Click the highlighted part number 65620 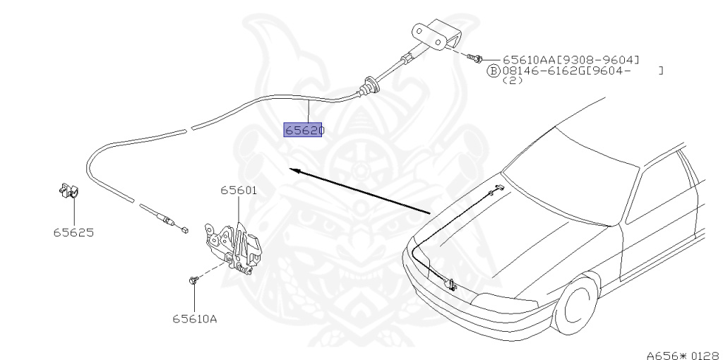click(x=303, y=131)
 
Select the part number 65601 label click(x=238, y=191)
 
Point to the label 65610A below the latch click(x=194, y=318)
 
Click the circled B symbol click(x=494, y=71)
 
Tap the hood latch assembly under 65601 click(x=233, y=244)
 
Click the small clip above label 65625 click(x=68, y=191)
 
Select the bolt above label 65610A click(x=193, y=282)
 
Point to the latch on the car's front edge click(x=449, y=285)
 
